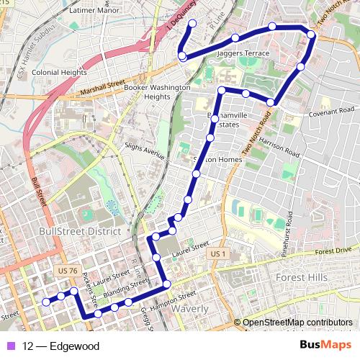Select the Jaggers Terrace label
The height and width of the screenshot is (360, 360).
click(x=244, y=54)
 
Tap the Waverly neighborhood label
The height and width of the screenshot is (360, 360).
click(x=190, y=309)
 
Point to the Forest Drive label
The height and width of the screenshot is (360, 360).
click(x=333, y=250)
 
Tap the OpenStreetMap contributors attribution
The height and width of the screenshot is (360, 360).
click(x=297, y=323)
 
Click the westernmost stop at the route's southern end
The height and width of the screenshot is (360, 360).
click(x=46, y=302)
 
